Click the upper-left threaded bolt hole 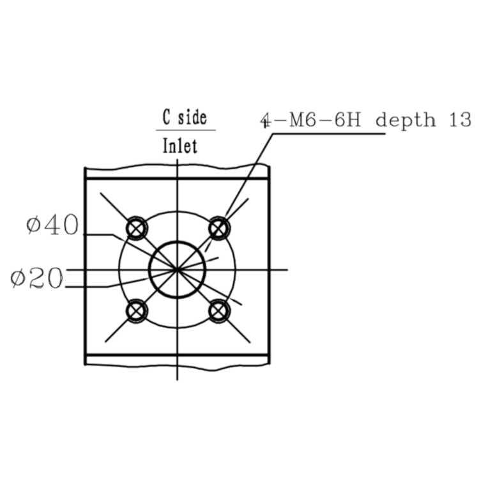pyautogui.click(x=137, y=228)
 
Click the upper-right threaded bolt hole pyautogui.click(x=218, y=228)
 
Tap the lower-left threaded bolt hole pyautogui.click(x=137, y=311)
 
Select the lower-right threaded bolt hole pyautogui.click(x=218, y=311)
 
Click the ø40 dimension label pyautogui.click(x=52, y=225)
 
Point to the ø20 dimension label pyautogui.click(x=36, y=278)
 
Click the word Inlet pyautogui.click(x=180, y=146)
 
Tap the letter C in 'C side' pyautogui.click(x=167, y=117)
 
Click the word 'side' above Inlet pyautogui.click(x=192, y=118)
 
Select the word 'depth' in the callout pyautogui.click(x=406, y=120)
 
